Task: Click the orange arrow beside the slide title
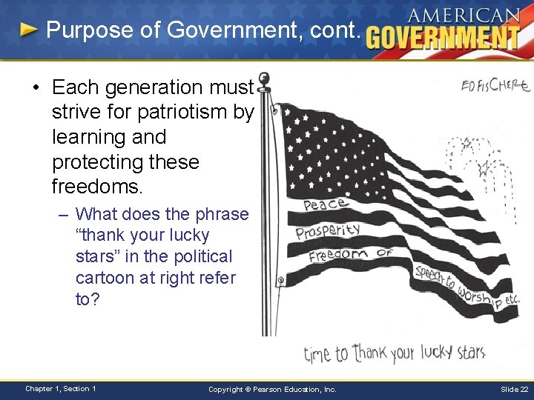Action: point(28,30)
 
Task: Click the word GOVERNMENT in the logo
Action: point(443,36)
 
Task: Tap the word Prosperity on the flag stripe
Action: point(328,232)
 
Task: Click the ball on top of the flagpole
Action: point(263,78)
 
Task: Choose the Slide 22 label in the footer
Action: point(513,390)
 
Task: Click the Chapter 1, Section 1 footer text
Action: point(60,389)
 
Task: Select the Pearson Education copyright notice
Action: point(272,390)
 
